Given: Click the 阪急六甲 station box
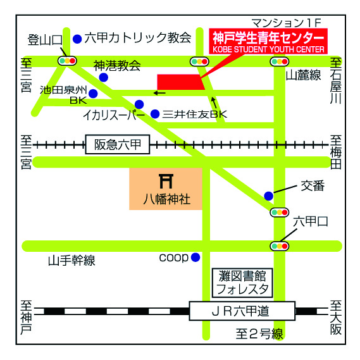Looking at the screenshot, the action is click(118, 144).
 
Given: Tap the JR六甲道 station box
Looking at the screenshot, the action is click(242, 311).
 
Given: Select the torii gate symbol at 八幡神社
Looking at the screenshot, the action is click(166, 181).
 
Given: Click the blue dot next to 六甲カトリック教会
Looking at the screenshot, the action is click(77, 39).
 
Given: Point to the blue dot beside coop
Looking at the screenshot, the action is click(196, 257).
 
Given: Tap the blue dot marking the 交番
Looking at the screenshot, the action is click(269, 196).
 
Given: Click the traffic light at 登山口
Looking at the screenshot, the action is click(67, 61).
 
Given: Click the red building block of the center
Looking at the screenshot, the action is click(181, 82).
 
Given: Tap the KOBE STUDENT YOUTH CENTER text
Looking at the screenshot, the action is click(268, 49).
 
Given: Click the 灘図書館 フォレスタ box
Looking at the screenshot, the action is click(242, 283).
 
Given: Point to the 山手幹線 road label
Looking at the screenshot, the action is click(71, 261).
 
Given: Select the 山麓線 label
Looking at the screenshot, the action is click(303, 75).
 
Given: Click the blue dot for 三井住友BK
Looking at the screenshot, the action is click(155, 114).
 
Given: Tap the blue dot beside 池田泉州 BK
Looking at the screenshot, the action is click(93, 94).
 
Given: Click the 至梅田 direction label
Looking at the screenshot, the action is click(336, 152).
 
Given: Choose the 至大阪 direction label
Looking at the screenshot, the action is click(336, 318).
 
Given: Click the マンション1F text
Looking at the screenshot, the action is click(286, 23).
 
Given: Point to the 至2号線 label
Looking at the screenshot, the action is click(259, 334).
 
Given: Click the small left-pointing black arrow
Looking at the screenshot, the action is click(159, 93).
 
